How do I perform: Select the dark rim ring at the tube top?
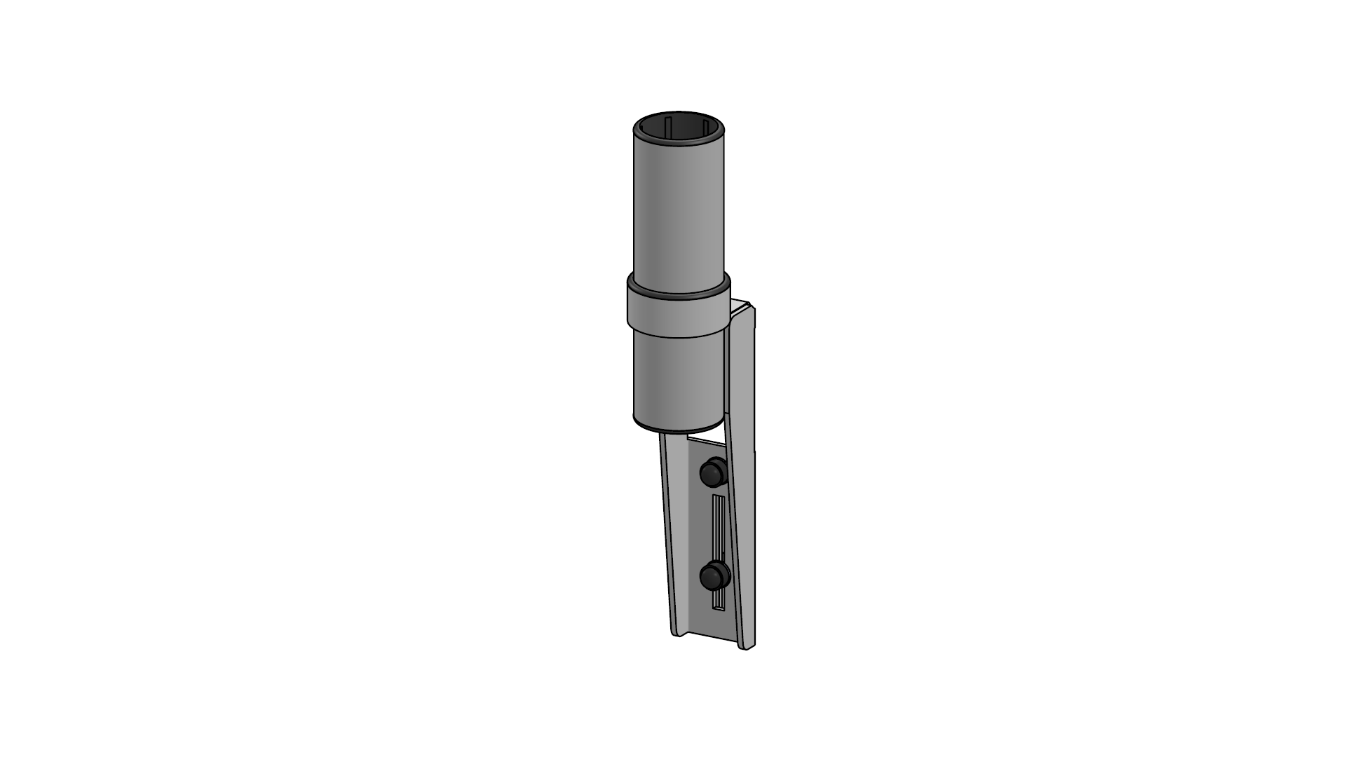coord(679,142)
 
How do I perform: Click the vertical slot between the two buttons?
coord(716,526)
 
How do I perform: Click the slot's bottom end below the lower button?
coord(717,601)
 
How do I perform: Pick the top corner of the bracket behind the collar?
coord(745,304)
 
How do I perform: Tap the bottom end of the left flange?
coord(677,632)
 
